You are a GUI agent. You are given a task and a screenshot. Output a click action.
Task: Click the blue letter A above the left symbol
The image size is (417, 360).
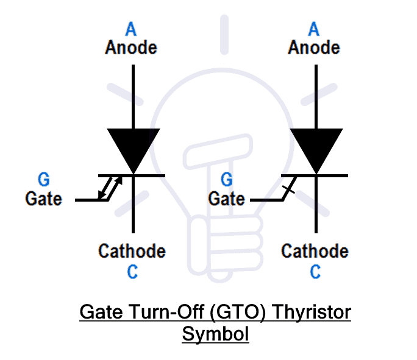pos(131,29)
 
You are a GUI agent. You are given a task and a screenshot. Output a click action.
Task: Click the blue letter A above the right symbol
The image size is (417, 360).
pos(314,29)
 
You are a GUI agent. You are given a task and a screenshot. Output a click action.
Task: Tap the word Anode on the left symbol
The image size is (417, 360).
pos(131,47)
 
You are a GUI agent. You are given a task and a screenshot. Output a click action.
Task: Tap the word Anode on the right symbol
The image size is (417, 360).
pos(314,47)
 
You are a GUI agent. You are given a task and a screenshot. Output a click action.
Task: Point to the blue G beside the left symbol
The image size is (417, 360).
pos(43,180)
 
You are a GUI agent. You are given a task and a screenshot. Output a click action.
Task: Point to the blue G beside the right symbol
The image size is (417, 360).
pos(226,180)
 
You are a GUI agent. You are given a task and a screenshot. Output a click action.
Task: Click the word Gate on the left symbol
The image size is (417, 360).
pos(43,199)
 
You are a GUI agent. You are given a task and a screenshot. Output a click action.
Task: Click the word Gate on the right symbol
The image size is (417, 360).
pos(226,199)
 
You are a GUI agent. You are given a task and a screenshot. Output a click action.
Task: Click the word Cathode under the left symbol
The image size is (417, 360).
pos(132,251)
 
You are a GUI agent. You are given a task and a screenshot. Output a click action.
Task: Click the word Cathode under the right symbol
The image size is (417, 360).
pos(315,251)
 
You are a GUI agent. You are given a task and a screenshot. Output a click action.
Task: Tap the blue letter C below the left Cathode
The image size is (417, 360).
pos(132,272)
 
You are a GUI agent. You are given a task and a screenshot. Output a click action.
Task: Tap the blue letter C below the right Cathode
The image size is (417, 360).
pos(315,272)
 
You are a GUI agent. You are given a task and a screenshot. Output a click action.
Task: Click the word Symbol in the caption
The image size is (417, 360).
pos(215,334)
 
